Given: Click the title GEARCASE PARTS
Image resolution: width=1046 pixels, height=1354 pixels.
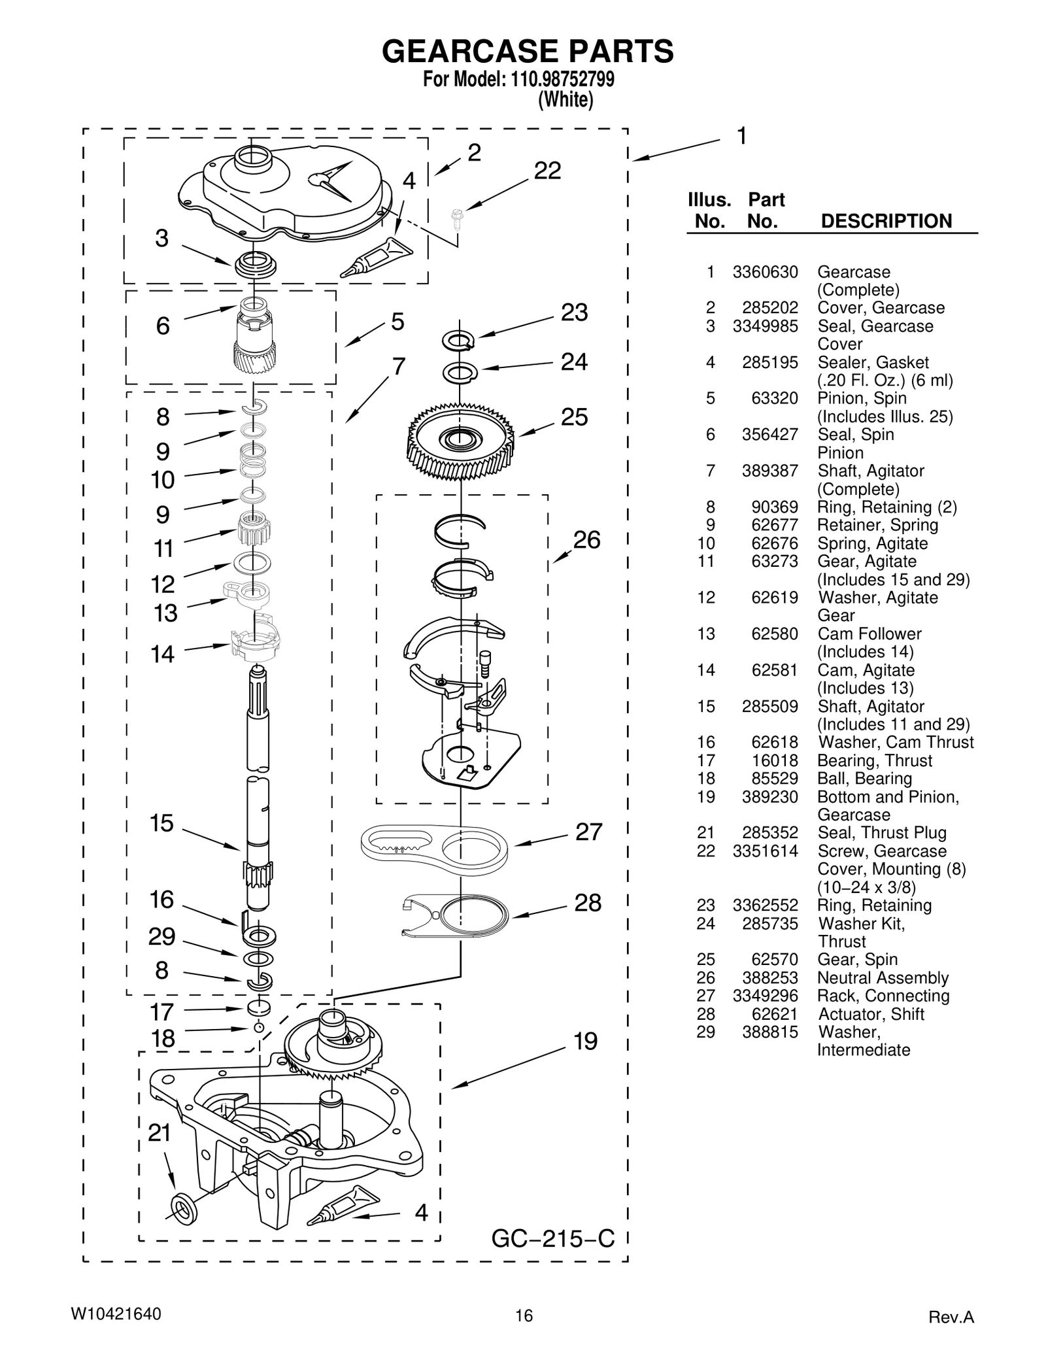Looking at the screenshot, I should pyautogui.click(x=527, y=51).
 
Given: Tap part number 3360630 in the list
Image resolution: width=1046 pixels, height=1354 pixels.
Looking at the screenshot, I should pyautogui.click(x=765, y=272).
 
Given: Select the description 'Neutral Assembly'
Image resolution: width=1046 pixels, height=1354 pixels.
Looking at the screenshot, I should pyautogui.click(x=883, y=978).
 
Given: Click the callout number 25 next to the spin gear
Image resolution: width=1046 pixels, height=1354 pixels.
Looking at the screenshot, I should pyautogui.click(x=574, y=417).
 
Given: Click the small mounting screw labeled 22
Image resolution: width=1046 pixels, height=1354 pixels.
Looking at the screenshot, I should pyautogui.click(x=456, y=218).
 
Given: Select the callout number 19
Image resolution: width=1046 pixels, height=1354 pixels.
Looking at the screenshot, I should pyautogui.click(x=585, y=1041).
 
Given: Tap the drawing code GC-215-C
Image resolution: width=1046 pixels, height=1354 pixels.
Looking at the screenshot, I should pyautogui.click(x=552, y=1239).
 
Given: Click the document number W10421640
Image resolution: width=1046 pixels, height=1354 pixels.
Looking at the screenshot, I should pyautogui.click(x=116, y=1315).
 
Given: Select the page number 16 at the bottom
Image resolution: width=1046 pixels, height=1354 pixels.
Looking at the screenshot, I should pyautogui.click(x=524, y=1316).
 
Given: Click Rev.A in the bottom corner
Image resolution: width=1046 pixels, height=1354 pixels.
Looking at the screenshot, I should pyautogui.click(x=951, y=1317).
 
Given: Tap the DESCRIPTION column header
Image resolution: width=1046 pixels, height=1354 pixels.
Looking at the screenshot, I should pyautogui.click(x=886, y=222).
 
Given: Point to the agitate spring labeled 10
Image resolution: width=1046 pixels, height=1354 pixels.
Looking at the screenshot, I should pyautogui.click(x=252, y=458).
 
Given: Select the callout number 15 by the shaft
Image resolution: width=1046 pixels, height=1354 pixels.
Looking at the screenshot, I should pyautogui.click(x=161, y=823).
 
